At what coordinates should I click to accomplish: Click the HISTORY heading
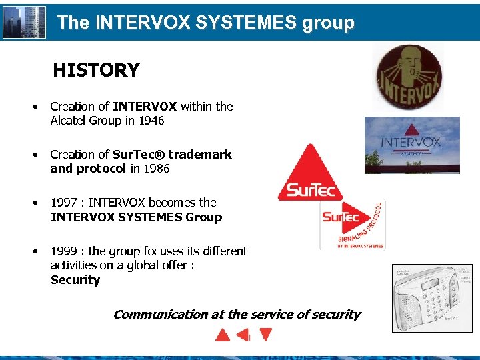coord(96,70)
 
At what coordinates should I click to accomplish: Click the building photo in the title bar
coord(25,23)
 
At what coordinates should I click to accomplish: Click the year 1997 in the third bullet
coord(65,202)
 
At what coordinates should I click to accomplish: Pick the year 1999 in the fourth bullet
coord(65,251)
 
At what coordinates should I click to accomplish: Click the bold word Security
coord(75,280)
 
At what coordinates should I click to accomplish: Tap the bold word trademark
coord(200,154)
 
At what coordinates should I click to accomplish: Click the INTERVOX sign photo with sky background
coord(412,145)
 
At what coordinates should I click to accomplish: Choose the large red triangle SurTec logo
coord(309,172)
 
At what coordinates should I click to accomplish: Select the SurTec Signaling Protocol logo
coord(351,225)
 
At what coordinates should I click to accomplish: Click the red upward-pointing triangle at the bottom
coord(223,334)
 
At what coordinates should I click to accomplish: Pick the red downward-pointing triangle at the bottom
coord(265,334)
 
